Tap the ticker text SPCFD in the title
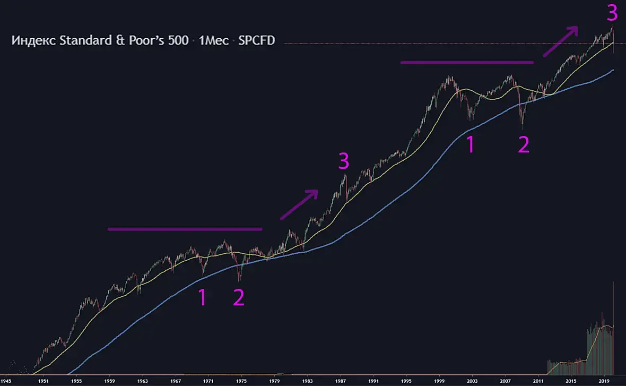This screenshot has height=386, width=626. [256, 40]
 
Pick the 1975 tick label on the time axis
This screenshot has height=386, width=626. [241, 381]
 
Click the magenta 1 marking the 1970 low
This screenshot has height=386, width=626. [202, 298]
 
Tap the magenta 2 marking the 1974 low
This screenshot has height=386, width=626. [239, 298]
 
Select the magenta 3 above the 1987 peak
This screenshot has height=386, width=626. [344, 161]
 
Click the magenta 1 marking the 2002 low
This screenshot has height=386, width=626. [470, 145]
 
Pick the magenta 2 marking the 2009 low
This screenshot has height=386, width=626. [523, 145]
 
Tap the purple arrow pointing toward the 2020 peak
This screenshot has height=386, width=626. [559, 41]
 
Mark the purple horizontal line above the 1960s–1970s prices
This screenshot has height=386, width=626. [185, 229]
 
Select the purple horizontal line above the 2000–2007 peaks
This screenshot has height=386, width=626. [467, 62]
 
